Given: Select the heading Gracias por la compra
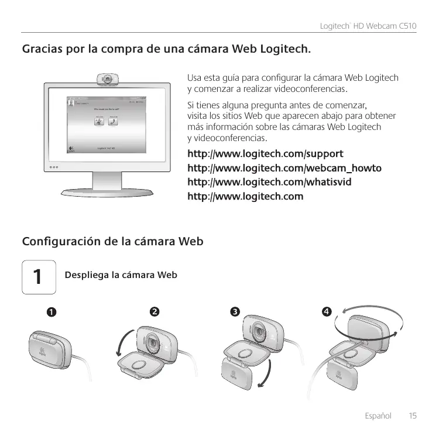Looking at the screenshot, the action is tap(166, 47).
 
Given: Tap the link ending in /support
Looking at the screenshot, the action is tap(265, 154).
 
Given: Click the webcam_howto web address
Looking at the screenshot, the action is tap(284, 168).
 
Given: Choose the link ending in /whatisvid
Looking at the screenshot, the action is tap(269, 182).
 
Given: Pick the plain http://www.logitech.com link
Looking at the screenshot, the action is tap(245, 196).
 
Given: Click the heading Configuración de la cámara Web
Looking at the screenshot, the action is tap(112, 241).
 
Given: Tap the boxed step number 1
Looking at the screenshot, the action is tap(37, 276).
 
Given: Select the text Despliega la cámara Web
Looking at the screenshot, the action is tap(121, 275).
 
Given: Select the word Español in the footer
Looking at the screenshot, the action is tap(378, 416).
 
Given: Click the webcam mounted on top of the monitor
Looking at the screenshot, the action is tap(108, 78).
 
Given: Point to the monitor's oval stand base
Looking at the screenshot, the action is tap(108, 191).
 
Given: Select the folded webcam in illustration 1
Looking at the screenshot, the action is tap(53, 348).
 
